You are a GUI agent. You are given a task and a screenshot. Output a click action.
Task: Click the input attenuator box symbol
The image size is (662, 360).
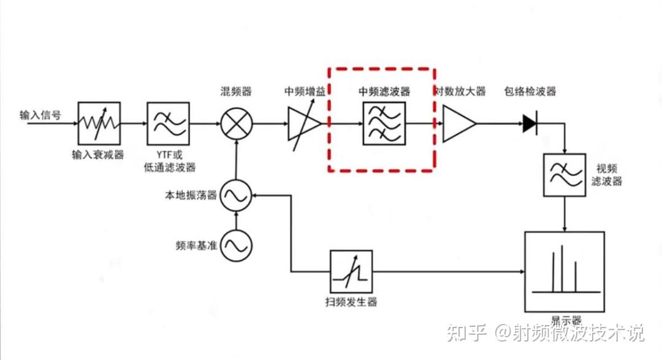click(x=99, y=123)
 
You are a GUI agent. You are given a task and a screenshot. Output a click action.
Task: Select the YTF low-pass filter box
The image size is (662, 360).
click(x=169, y=123)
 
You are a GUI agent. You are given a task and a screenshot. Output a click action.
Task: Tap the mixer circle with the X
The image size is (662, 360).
click(x=236, y=123)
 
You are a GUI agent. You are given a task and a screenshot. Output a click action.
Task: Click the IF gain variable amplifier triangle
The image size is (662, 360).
click(x=303, y=123)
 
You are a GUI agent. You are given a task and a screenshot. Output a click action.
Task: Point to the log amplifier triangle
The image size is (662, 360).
click(x=458, y=123)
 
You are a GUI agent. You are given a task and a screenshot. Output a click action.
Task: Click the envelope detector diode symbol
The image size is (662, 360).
click(x=530, y=123)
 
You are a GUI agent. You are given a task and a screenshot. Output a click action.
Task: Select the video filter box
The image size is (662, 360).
click(x=564, y=175)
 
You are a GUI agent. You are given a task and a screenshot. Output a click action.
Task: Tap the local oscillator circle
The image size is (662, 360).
click(x=236, y=196)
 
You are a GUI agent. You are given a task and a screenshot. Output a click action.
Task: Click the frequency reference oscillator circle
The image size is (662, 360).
click(x=236, y=245)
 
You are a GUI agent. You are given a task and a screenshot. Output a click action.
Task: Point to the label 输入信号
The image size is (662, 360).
click(x=40, y=115)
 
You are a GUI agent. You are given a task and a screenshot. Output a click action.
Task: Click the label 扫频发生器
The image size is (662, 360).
click(x=351, y=302)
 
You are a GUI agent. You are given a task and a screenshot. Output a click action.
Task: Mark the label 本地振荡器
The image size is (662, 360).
click(x=191, y=196)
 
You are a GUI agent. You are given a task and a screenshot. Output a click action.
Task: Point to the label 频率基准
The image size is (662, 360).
click(x=196, y=246)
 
